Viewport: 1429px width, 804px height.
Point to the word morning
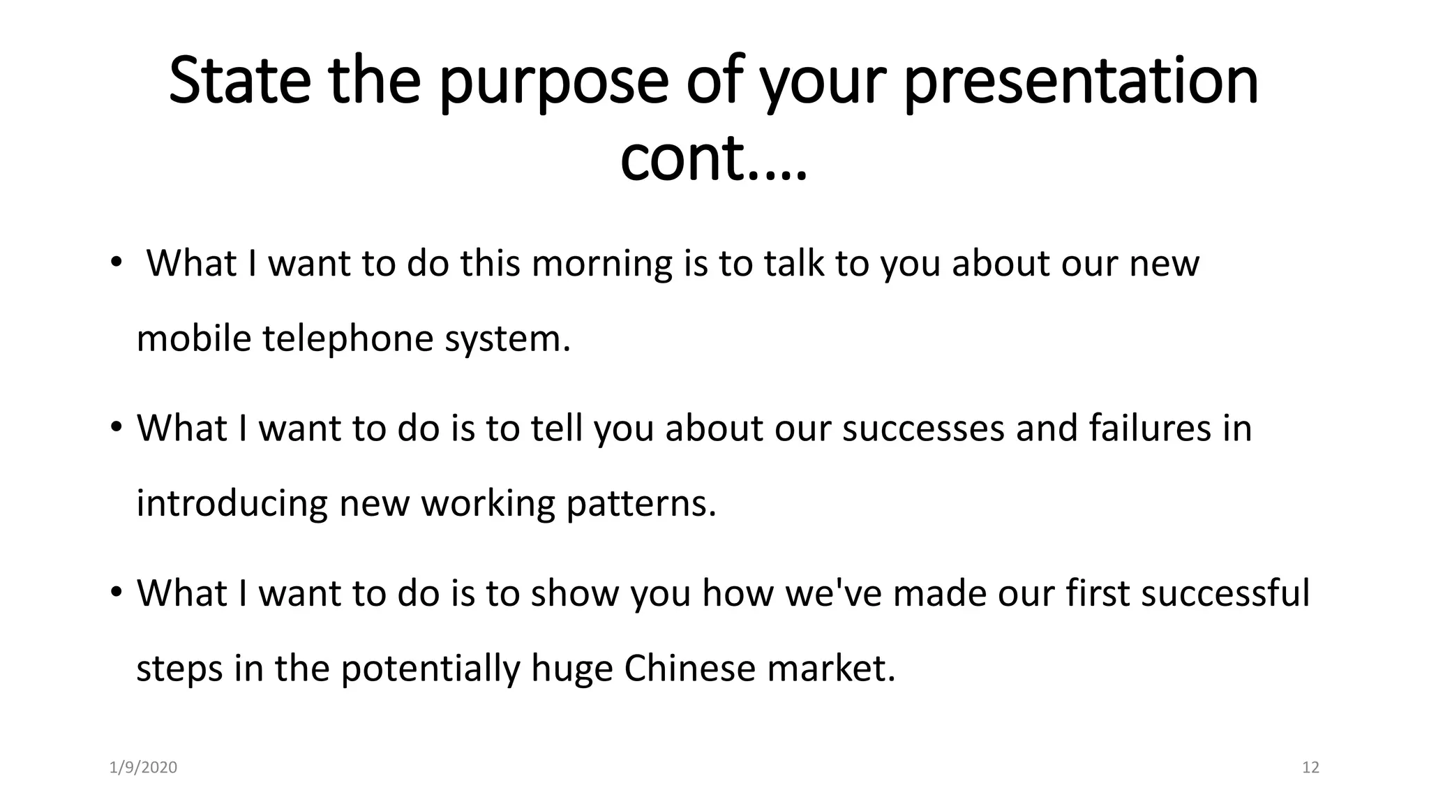pos(601,265)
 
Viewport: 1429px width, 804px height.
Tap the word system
pos(507,338)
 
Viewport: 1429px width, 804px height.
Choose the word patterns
pos(641,504)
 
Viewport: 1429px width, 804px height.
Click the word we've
pos(833,593)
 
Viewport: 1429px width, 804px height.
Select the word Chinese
pos(689,669)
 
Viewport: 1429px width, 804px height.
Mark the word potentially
pos(431,669)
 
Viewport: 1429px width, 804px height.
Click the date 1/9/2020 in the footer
pos(143,768)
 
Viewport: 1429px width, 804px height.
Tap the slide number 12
pos(1310,768)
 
